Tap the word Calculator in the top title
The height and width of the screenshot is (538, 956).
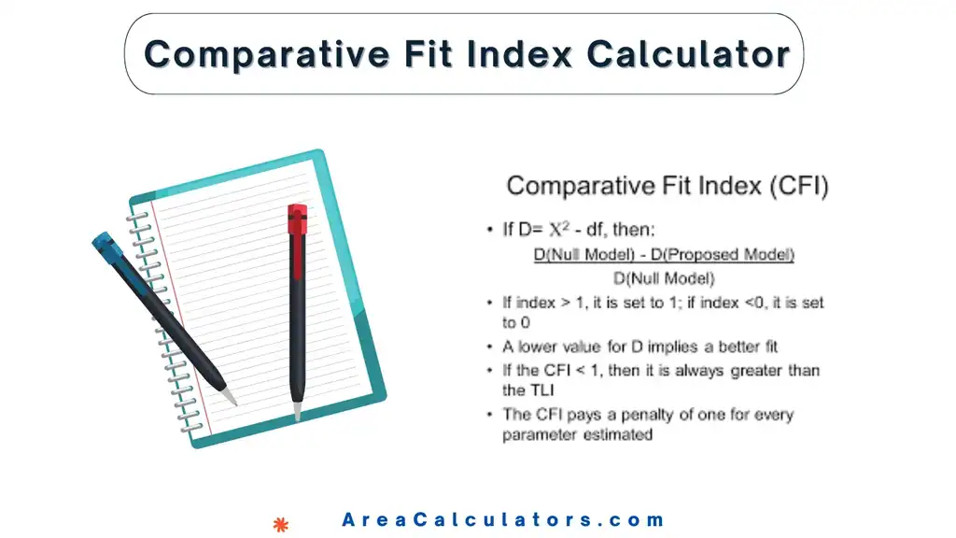coord(689,54)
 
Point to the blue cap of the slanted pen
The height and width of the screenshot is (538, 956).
coord(108,248)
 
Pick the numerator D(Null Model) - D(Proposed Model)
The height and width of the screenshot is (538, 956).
coord(663,254)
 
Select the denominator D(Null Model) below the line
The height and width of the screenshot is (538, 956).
coord(663,277)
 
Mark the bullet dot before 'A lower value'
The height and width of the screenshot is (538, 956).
coord(491,347)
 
